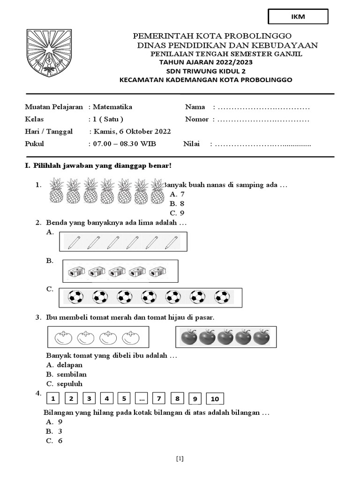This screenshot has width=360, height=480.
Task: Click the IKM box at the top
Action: click(x=298, y=16)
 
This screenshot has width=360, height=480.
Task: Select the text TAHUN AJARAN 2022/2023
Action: click(x=202, y=62)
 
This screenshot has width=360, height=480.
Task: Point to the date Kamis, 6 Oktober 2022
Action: click(x=132, y=132)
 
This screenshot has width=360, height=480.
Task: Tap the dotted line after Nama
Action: click(x=263, y=107)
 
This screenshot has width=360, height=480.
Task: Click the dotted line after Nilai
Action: click(x=262, y=144)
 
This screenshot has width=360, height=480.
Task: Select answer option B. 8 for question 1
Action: click(x=177, y=203)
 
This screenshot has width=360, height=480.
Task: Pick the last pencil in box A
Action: click(x=173, y=242)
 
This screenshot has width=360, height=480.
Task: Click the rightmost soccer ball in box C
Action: click(x=222, y=297)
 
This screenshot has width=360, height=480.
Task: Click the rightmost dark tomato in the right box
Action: click(x=261, y=337)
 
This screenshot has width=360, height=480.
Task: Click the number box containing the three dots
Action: click(x=142, y=399)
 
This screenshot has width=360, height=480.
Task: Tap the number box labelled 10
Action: click(x=215, y=399)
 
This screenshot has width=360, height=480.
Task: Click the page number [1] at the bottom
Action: click(x=180, y=459)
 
